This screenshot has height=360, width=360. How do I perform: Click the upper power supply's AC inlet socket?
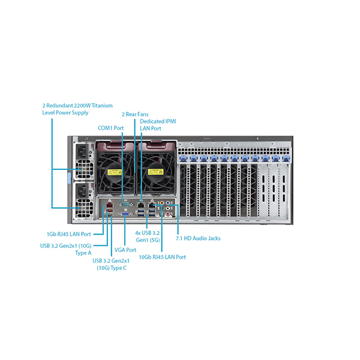coord(83,152)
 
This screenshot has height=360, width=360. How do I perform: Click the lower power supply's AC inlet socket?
coord(83,191)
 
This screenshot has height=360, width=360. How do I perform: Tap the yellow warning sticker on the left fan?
coord(115,172)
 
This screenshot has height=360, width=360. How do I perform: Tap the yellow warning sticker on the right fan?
coord(155,172)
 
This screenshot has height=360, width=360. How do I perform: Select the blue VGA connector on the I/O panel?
coord(125,214)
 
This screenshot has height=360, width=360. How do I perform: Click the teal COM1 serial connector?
coord(125,204)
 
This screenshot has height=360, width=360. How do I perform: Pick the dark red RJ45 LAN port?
coord(110,204)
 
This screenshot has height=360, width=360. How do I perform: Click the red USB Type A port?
coord(110,211)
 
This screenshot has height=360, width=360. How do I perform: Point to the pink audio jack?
coord(168,214)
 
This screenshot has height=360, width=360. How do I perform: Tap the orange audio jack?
coord(162,203)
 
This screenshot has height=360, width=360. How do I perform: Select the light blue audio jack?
coord(168,203)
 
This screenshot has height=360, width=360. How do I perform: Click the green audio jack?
coord(168,208)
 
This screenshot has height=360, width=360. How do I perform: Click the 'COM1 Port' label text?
coord(110,128)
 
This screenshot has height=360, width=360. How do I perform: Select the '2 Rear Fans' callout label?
coord(135,115)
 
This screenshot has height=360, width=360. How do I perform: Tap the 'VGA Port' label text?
coord(125,250)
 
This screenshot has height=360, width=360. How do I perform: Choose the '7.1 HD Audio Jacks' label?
coord(198,238)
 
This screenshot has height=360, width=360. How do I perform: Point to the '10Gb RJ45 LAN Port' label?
coord(163,257)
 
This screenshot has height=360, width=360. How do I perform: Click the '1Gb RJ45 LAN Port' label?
coord(69,234)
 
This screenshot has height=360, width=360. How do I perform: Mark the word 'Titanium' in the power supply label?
coord(102,106)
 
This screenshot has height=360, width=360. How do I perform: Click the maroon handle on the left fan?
coord(115,146)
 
